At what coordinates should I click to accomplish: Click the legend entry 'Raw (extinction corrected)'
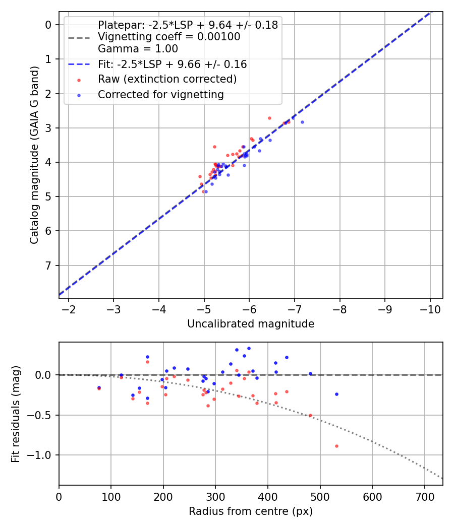point(167,79)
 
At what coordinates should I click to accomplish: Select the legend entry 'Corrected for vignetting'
point(160,95)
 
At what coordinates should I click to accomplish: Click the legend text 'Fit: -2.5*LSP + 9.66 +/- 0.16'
point(172,64)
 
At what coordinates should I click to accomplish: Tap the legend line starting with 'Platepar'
point(188,25)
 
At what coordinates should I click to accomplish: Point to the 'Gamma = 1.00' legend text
point(138,49)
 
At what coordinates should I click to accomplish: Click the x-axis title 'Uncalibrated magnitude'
point(251,324)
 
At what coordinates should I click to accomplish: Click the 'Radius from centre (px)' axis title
point(251,512)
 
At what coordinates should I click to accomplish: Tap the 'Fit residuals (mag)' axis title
point(16,414)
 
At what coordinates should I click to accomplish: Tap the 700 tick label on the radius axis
point(424,497)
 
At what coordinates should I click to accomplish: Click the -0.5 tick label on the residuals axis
point(41,415)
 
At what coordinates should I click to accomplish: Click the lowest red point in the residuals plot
point(336,446)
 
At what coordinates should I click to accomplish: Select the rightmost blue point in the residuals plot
point(336,394)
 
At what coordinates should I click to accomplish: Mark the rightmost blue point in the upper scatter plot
point(302,122)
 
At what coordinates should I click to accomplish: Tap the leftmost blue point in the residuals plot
point(99,387)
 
